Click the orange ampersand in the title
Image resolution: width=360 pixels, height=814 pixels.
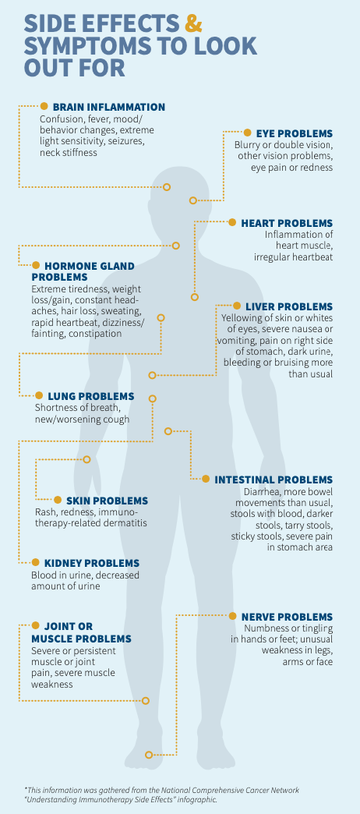[x=193, y=23]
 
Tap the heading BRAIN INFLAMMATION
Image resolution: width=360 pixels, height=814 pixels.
[x=109, y=107]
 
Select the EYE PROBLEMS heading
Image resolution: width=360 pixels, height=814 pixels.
[x=294, y=133]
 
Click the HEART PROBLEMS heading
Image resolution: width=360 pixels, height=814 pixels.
[x=287, y=223]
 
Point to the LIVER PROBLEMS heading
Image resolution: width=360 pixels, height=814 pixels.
[x=289, y=306]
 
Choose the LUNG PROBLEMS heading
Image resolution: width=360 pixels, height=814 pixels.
[x=90, y=396]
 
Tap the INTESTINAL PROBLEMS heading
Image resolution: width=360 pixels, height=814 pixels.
[x=274, y=480]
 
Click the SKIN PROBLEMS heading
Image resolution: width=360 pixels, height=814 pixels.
[x=107, y=501]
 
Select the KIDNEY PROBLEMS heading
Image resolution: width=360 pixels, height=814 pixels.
[x=92, y=563]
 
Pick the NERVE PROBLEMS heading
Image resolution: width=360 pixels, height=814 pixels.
[x=287, y=617]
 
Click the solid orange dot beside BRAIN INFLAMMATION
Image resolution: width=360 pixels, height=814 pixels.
[x=44, y=106]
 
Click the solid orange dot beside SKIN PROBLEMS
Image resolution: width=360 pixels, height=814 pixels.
[x=58, y=500]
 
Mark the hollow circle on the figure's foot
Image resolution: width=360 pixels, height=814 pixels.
[x=149, y=754]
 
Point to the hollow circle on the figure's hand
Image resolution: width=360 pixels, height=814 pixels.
[x=86, y=459]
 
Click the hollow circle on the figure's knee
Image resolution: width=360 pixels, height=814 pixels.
[x=145, y=700]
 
